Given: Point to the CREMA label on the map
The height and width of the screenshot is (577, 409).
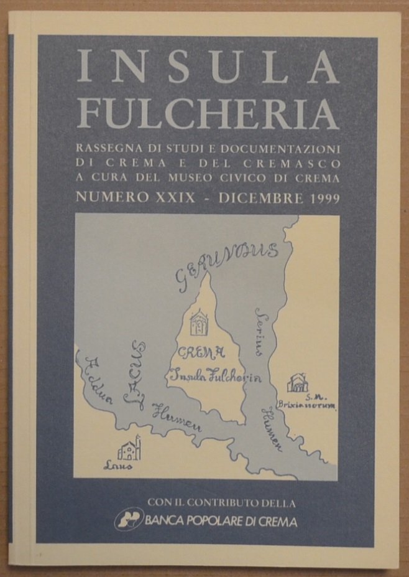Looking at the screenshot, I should click(201, 354).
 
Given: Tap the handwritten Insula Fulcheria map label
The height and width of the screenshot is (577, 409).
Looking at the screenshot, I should click(215, 376).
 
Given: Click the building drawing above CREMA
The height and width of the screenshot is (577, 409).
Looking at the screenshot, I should click(199, 322).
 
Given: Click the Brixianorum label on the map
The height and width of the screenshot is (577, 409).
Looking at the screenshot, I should click(318, 408).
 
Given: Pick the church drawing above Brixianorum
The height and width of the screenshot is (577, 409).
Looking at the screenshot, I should click(298, 383).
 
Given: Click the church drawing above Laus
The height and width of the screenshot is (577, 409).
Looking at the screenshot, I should click(130, 448).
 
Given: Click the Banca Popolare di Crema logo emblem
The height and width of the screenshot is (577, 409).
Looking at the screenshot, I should click(128, 518).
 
